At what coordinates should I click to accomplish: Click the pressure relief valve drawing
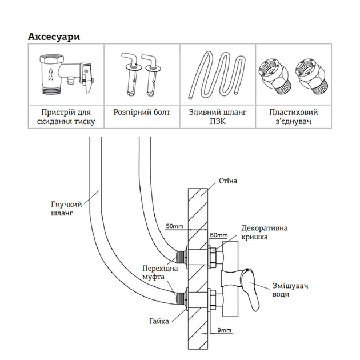tap(65, 74)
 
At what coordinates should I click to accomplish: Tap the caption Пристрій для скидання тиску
tap(66, 117)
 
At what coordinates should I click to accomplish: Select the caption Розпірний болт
tap(141, 113)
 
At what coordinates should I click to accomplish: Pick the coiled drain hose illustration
tap(217, 74)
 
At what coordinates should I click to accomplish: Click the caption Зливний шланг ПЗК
tap(217, 117)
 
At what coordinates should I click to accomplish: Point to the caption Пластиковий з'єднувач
tap(293, 117)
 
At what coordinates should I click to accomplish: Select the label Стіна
tap(227, 181)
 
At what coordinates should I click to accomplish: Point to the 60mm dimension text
tap(218, 235)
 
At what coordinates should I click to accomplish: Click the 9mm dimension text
tap(226, 330)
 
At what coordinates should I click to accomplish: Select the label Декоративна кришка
tap(263, 232)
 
